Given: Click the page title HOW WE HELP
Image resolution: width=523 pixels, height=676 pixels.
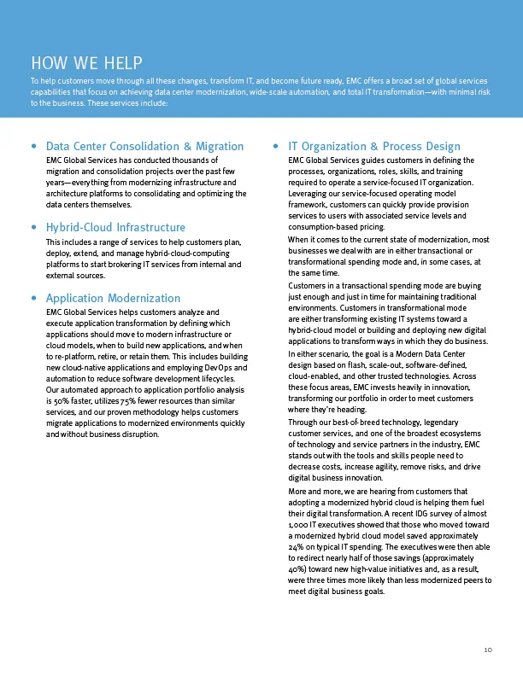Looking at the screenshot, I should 85,62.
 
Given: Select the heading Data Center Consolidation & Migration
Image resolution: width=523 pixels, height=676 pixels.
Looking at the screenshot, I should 144,147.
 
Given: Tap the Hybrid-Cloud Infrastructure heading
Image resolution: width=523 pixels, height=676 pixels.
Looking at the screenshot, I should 115,228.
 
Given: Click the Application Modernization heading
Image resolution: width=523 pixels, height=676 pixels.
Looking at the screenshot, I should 113,298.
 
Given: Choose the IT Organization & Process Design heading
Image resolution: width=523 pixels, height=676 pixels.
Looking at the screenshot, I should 374,147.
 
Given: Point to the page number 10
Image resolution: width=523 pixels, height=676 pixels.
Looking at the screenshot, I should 488,650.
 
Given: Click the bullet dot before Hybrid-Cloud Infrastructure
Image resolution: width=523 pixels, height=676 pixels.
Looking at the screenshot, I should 33,229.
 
